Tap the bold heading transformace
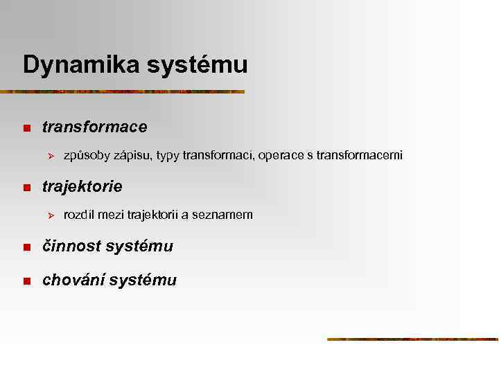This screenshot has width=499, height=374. [94, 127]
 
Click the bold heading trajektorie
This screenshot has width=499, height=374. [82, 187]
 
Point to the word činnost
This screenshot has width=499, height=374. [73, 247]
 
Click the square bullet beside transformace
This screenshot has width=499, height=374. [26, 128]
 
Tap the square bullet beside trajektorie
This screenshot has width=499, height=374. [26, 188]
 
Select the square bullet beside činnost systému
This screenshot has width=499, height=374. [26, 247]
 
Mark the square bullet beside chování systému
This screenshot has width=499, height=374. [26, 281]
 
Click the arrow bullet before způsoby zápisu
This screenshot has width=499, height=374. [49, 156]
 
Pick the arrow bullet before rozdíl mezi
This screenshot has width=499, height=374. [49, 215]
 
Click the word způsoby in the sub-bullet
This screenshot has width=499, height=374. [87, 156]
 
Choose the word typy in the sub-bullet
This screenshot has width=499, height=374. [168, 157]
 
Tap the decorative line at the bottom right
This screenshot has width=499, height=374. [412, 339]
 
